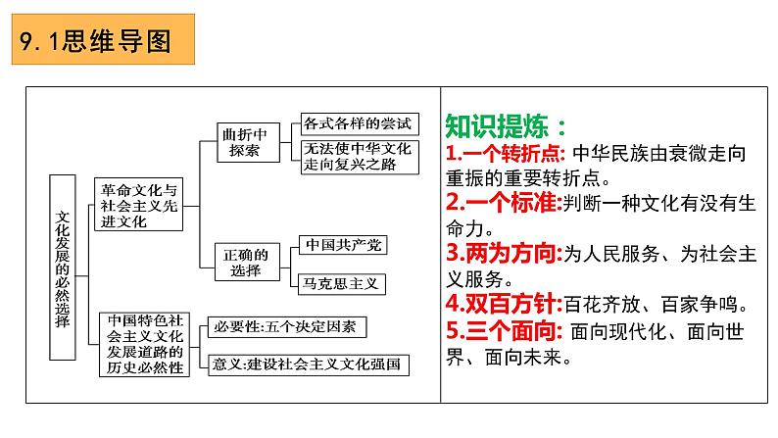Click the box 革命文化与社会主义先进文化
[x=138, y=205]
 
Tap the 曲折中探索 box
[x=239, y=142]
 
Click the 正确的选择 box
[x=239, y=258]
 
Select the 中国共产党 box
[x=337, y=245]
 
